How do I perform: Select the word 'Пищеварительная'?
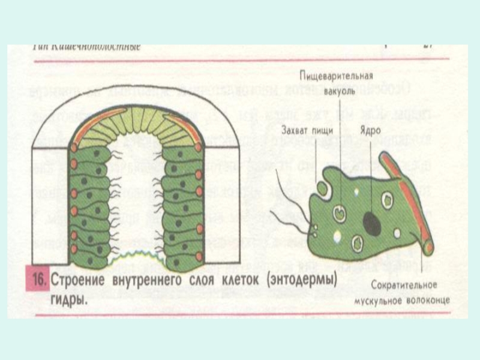click(337, 76)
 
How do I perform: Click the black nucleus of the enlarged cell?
click(371, 223)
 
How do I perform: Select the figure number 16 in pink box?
click(39, 280)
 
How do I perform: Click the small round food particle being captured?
click(322, 188)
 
